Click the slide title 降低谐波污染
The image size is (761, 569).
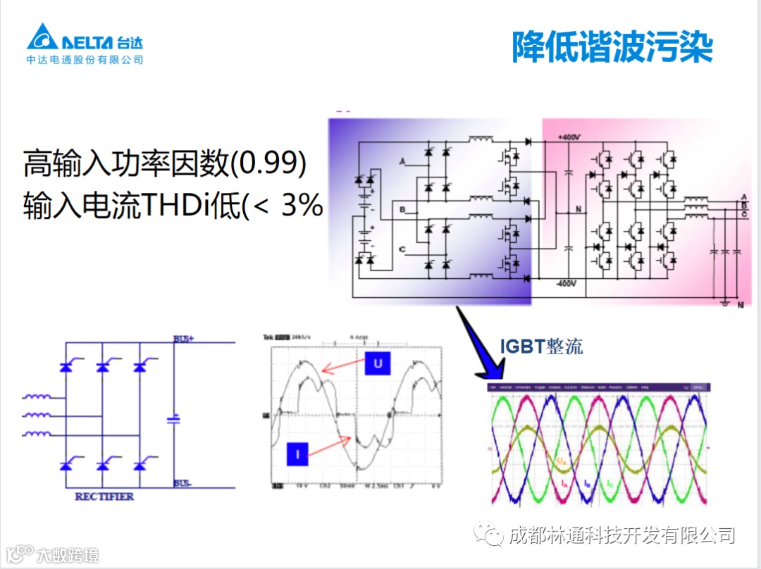coord(612,47)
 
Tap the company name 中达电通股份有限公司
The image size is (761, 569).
coord(85,61)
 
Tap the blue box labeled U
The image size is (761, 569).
coord(378,363)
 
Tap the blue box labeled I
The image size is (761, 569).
coord(297,454)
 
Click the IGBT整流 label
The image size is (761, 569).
coord(541,346)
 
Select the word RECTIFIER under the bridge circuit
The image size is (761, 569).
coord(104,496)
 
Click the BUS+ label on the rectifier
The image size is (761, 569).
coord(184,339)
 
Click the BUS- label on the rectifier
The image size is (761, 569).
coord(184,484)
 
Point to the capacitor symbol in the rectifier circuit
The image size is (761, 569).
coord(174,420)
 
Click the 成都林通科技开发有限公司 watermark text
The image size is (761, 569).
coord(621,534)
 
